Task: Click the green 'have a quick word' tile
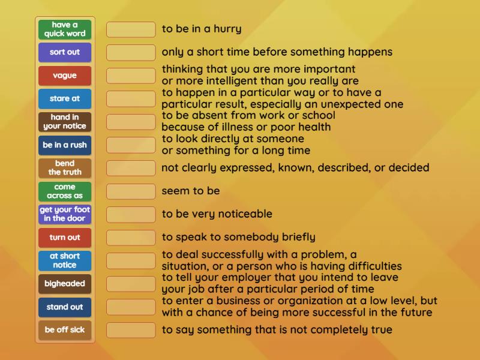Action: [x=65, y=29]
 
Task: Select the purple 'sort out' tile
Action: [x=65, y=52]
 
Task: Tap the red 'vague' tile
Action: [x=65, y=76]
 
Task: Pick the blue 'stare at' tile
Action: [x=65, y=98]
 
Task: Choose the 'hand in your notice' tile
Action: [x=65, y=122]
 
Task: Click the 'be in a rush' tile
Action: [x=65, y=145]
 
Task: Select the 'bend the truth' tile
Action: [x=65, y=168]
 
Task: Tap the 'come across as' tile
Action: [x=65, y=191]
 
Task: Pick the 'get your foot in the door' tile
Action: [x=65, y=214]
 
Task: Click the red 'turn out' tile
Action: [x=65, y=237]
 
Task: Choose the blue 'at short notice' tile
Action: [x=65, y=260]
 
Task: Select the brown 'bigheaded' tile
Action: [x=65, y=283]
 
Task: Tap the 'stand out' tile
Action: [x=65, y=307]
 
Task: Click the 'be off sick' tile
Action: [x=65, y=329]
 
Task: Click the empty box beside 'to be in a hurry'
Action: [x=131, y=29]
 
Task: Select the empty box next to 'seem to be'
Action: [x=131, y=191]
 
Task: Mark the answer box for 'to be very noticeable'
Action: [x=131, y=214]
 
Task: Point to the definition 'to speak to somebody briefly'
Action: [x=238, y=237]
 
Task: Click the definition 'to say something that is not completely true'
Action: [x=277, y=329]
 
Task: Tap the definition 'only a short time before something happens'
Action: [x=277, y=52]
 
